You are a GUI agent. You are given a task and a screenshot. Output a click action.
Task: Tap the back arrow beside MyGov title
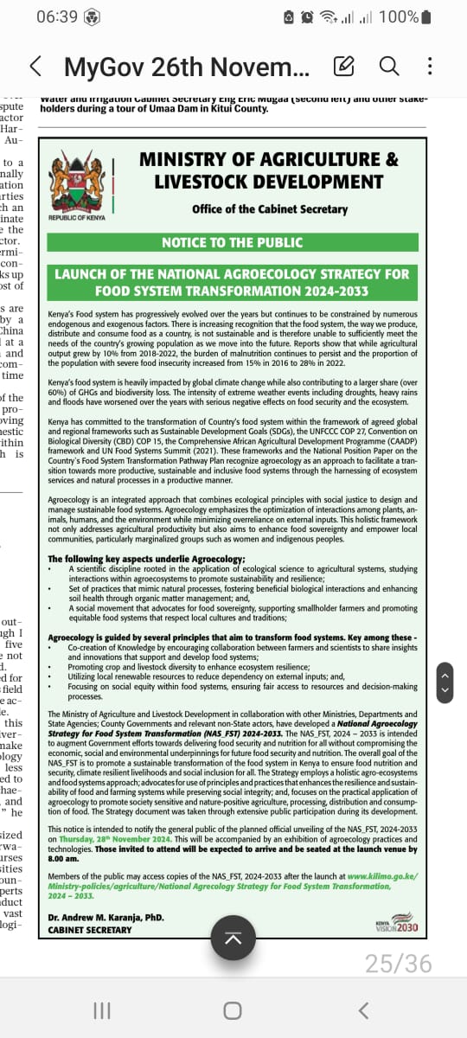coord(35,66)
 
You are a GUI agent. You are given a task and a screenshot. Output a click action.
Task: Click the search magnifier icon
coord(389,66)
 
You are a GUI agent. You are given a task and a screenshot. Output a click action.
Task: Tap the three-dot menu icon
coord(430,66)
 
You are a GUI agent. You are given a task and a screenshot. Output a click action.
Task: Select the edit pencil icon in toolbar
coord(343,66)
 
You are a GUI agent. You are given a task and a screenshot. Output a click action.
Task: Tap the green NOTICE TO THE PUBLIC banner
coord(233,241)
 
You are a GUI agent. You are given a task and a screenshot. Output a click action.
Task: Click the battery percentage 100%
coord(400,17)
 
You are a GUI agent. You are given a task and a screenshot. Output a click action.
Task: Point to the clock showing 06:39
coord(58,17)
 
